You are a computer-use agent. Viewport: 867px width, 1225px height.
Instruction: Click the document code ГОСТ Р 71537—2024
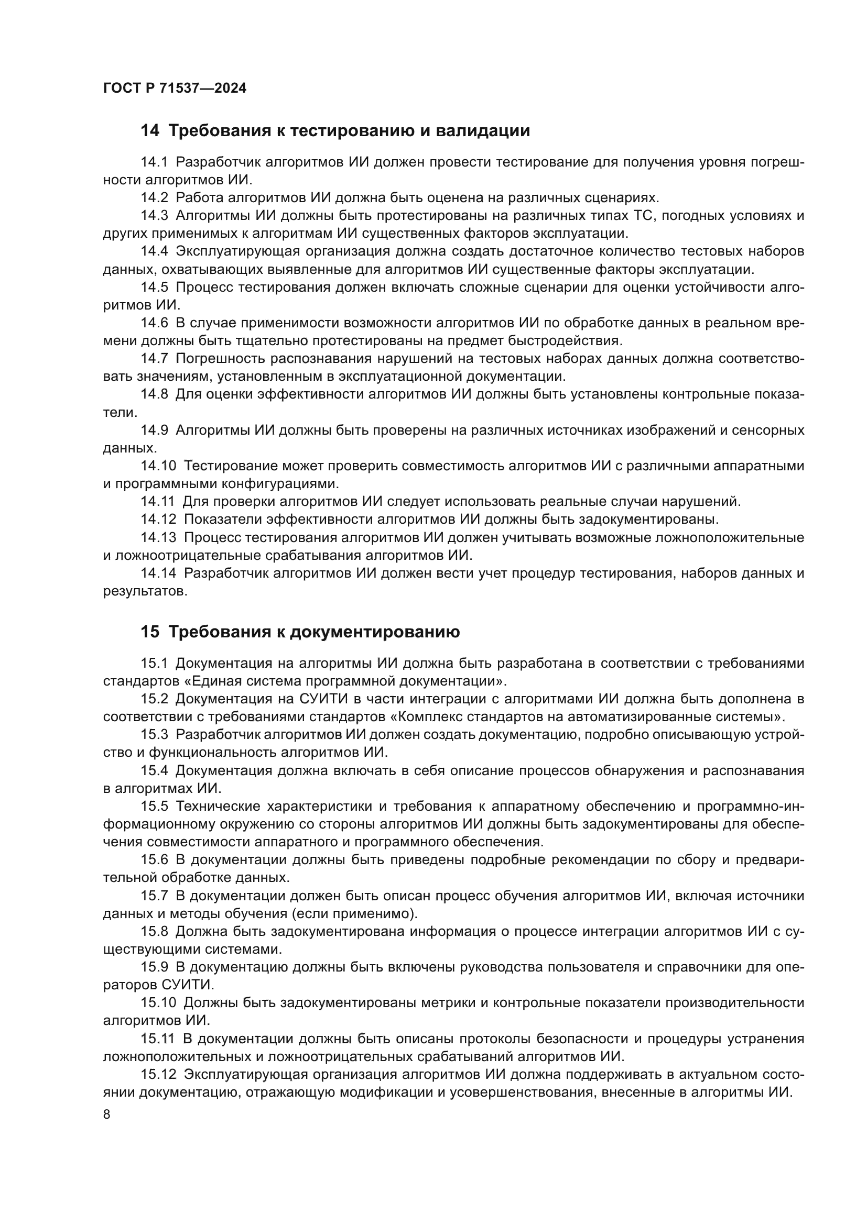tap(175, 89)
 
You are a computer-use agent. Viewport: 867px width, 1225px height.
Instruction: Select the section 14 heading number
tap(149, 131)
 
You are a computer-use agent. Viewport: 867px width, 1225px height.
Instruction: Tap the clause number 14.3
tap(154, 216)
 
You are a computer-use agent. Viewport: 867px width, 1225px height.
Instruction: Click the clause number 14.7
tap(154, 359)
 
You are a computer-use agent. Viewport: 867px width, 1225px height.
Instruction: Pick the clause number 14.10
tap(158, 466)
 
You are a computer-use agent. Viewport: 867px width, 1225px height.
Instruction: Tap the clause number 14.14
tap(158, 573)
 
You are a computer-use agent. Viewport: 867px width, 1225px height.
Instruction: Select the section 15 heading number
tap(149, 632)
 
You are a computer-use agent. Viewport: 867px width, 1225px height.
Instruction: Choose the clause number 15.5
tap(154, 806)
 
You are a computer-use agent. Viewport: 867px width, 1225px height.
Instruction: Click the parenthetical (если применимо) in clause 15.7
tap(354, 913)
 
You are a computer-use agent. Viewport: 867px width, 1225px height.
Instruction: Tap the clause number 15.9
tap(154, 967)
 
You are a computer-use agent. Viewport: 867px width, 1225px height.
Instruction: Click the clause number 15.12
tap(158, 1074)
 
